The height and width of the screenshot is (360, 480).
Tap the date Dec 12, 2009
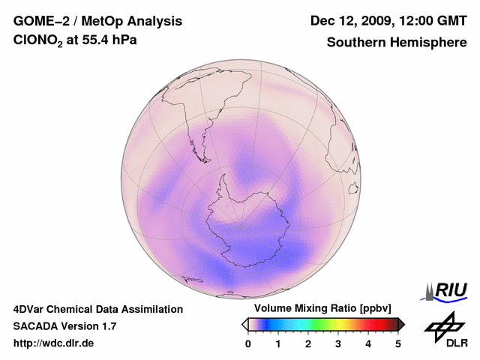pos(352,21)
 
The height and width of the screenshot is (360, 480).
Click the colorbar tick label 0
pos(248,343)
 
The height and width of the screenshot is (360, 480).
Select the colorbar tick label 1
pos(278,343)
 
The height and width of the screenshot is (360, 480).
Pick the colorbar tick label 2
pos(308,343)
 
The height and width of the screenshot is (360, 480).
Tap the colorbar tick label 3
pos(338,343)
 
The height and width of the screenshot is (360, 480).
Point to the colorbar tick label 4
pos(368,343)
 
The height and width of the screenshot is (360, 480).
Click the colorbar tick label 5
pos(398,343)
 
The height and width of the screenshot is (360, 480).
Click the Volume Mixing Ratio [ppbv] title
pos(319,309)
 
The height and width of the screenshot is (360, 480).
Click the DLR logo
pos(445,330)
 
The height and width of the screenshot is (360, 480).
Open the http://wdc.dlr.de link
pos(54,343)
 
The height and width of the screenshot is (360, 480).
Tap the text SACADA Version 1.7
pos(64,326)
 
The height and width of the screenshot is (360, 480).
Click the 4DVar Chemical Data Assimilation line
pos(98,309)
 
